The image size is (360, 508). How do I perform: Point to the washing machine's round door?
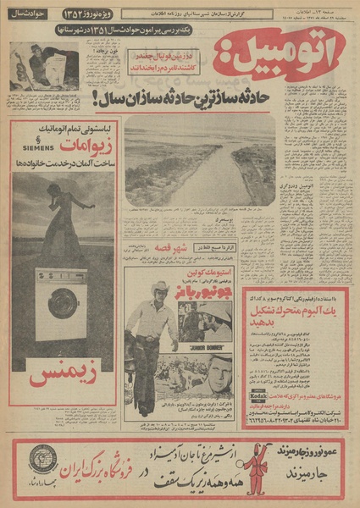pyautogui.click(x=63, y=302)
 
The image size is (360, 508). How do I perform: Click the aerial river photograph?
pyautogui.click(x=200, y=165)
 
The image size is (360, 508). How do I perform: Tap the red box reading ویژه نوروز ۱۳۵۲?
pyautogui.click(x=86, y=13)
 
